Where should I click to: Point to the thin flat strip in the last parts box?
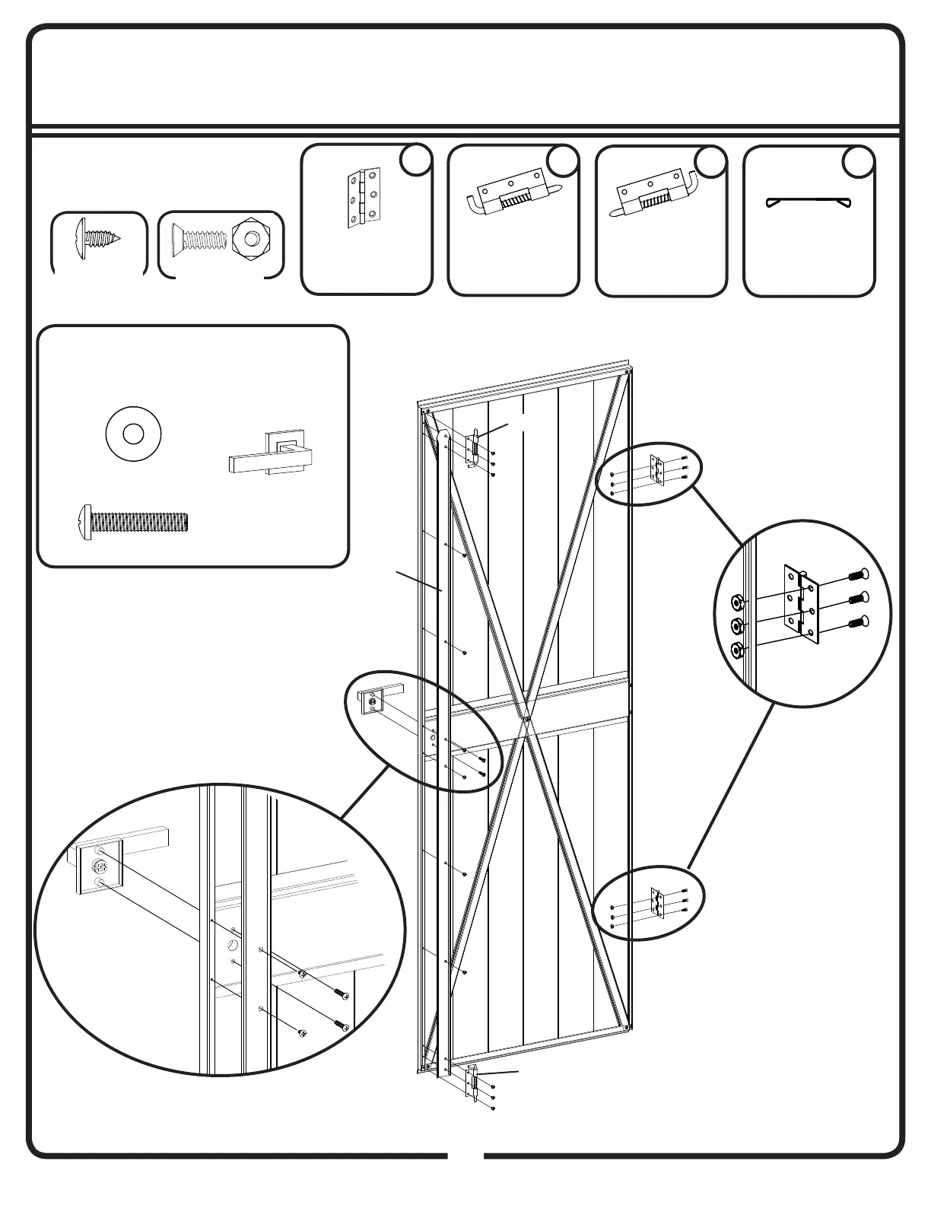click(x=808, y=203)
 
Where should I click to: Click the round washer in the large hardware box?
click(x=134, y=435)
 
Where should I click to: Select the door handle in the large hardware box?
click(x=271, y=456)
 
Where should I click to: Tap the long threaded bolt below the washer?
click(x=134, y=522)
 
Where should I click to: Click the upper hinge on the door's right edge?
click(x=657, y=470)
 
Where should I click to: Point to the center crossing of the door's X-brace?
click(x=525, y=716)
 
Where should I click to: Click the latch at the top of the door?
click(x=474, y=448)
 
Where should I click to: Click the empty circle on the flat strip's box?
click(x=859, y=163)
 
